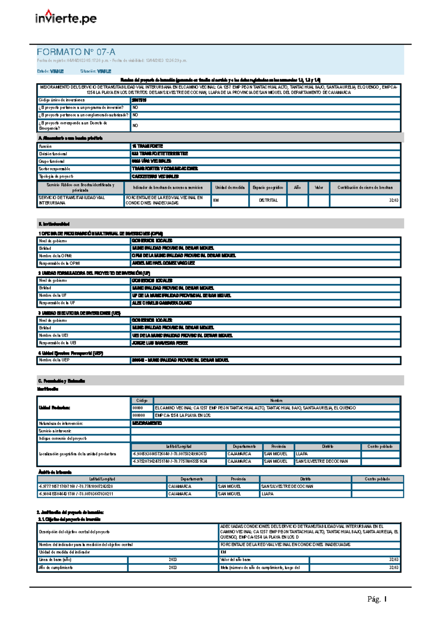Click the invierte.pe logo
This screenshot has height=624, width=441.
[66, 17]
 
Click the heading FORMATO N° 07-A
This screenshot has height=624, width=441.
[76, 52]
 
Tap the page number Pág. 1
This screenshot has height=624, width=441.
[377, 599]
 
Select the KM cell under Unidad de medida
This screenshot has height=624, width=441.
[216, 200]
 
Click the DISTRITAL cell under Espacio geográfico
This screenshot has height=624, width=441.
[268, 200]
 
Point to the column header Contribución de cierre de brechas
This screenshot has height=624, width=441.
[365, 187]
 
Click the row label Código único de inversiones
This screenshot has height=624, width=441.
[62, 100]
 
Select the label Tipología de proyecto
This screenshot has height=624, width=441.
[56, 176]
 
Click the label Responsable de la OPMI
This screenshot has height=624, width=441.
[60, 263]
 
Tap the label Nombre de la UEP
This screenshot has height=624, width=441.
[54, 360]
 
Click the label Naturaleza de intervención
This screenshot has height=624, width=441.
[61, 423]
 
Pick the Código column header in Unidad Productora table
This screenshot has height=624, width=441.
[142, 401]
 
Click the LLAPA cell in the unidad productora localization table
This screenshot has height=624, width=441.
[302, 454]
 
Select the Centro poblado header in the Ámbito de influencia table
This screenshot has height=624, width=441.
[377, 479]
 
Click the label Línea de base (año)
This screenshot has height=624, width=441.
[55, 560]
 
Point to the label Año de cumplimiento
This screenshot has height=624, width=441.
[56, 568]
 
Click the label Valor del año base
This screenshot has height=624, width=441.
[235, 560]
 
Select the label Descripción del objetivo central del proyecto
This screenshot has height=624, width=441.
[74, 532]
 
